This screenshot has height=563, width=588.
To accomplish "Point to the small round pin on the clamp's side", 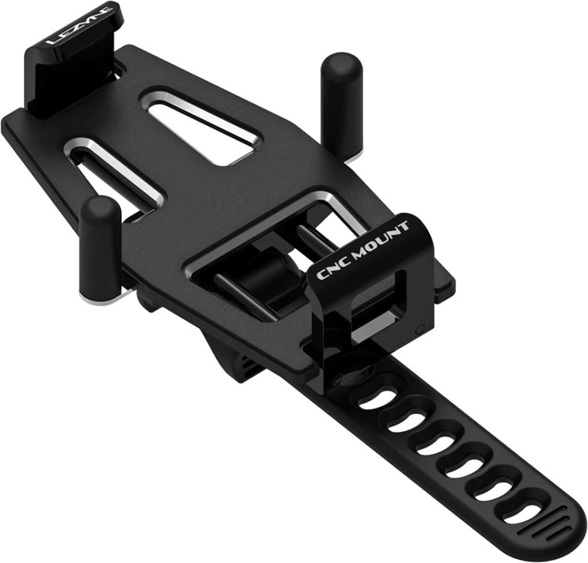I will (418, 329).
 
